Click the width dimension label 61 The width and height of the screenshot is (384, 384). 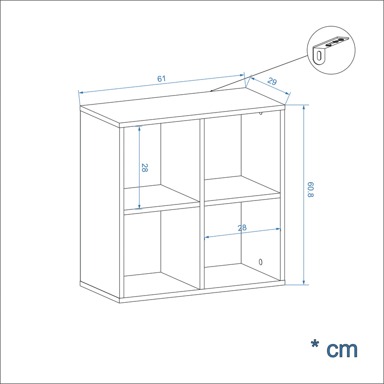click(161, 79)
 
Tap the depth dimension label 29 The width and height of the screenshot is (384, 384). click(272, 81)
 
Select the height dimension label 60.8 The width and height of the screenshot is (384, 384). click(310, 190)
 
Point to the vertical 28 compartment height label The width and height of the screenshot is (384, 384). click(145, 168)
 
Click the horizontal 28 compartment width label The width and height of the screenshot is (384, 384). click(242, 228)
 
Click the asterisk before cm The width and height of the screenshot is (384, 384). click(315, 344)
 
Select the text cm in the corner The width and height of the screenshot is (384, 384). click(342, 350)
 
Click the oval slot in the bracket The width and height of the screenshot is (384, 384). click(319, 56)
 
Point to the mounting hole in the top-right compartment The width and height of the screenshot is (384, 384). click(261, 113)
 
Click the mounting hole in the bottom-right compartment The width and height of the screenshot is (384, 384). click(261, 262)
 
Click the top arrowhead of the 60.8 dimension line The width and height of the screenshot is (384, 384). click(304, 107)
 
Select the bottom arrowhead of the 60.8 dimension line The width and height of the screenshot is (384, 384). click(304, 282)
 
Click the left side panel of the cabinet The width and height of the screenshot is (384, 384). click(100, 205)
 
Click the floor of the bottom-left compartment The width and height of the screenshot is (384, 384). click(162, 284)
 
